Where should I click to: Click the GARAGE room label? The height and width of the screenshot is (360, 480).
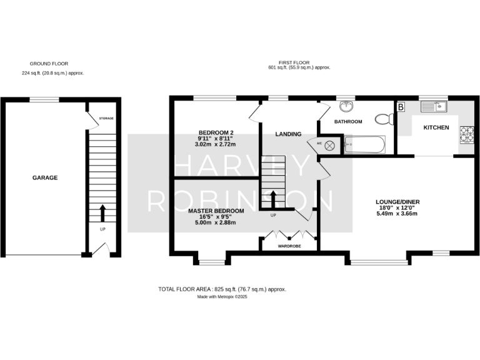(45, 178)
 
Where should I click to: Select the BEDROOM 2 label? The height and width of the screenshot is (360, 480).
(216, 132)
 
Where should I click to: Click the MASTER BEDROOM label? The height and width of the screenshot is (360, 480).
(216, 211)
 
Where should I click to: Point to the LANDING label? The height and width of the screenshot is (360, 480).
(289, 134)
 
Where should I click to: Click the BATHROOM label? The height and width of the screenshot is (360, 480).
(348, 122)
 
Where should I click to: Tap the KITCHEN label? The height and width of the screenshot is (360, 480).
(436, 127)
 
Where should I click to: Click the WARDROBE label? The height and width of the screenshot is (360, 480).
(289, 247)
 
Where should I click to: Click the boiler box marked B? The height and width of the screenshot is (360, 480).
(401, 107)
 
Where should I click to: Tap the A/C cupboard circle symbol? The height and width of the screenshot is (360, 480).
(330, 145)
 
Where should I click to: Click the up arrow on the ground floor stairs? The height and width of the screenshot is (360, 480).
(102, 212)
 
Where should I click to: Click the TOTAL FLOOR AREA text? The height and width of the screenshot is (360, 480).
(222, 289)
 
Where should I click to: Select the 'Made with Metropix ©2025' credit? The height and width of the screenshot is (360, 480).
(222, 297)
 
